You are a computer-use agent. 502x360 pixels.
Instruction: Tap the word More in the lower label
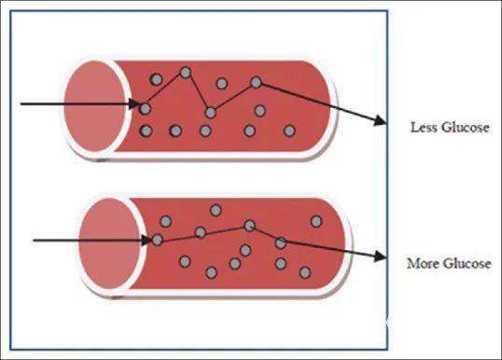click(x=423, y=263)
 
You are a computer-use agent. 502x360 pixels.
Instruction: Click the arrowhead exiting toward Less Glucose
click(x=381, y=120)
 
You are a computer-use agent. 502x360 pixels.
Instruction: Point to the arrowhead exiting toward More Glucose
click(x=381, y=256)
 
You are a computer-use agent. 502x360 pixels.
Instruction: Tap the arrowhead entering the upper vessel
click(x=134, y=104)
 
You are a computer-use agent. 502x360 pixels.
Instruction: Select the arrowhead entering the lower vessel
click(x=146, y=240)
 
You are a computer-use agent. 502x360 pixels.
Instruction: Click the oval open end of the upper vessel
click(x=94, y=106)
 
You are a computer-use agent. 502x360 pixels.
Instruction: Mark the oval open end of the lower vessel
click(x=109, y=243)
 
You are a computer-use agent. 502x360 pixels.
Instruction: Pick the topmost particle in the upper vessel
click(x=186, y=73)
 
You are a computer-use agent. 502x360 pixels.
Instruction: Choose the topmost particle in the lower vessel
click(x=216, y=210)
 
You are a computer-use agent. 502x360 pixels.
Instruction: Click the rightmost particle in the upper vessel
click(x=289, y=131)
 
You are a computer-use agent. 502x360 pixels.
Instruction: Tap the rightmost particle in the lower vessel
click(x=316, y=221)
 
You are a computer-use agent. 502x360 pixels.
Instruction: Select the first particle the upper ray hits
click(x=146, y=109)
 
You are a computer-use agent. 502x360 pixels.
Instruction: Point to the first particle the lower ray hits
click(x=157, y=240)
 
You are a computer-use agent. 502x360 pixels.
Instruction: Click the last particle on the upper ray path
click(x=256, y=83)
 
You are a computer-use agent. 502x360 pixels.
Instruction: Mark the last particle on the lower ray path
click(x=281, y=242)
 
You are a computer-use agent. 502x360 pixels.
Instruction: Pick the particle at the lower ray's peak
click(x=249, y=226)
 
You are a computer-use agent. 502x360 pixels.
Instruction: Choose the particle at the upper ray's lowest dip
click(x=210, y=113)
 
